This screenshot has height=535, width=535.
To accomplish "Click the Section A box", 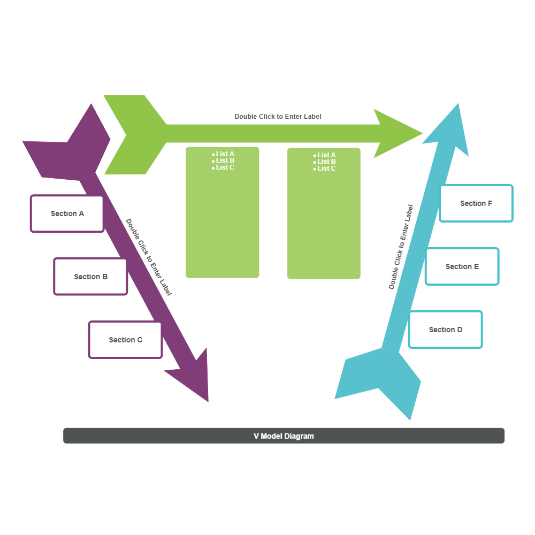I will coord(67,213).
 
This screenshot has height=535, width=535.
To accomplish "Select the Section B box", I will coord(91,277).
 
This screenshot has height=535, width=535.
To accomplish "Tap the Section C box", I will coord(126,340).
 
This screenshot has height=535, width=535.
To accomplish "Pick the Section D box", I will coord(446,330).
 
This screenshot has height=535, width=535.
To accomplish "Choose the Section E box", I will coord(462,266).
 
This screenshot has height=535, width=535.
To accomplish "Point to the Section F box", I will coord(476,203).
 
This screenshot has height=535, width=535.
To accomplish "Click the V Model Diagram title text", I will coord(284,436).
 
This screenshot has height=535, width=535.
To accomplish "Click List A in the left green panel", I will coord(225,154).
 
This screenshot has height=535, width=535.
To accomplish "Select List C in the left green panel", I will coord(225,167).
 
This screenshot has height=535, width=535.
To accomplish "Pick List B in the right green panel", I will coord(326,162).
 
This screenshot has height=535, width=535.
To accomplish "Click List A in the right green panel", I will coord(326,155).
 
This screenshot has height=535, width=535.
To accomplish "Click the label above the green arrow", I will coord(278,116).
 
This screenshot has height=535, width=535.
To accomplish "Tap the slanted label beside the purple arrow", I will coord(149,257).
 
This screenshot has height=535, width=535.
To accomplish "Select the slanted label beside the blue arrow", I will coord(401,247).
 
